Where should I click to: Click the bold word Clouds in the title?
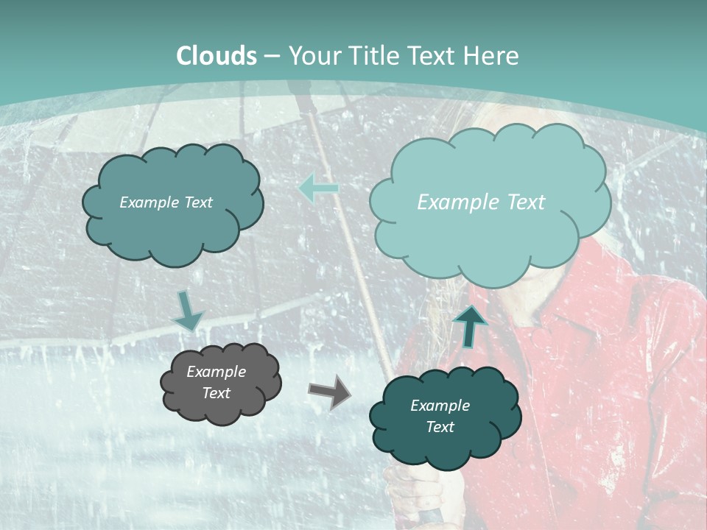(217, 56)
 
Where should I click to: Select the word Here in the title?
(492, 56)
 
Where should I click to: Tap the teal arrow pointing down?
(189, 311)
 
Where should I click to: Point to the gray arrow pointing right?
(329, 392)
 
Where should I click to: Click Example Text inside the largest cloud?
(481, 202)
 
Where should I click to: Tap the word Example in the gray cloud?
(216, 372)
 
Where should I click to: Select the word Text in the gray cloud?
(216, 393)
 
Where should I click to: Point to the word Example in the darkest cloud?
(440, 406)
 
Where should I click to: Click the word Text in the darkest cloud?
(440, 427)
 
